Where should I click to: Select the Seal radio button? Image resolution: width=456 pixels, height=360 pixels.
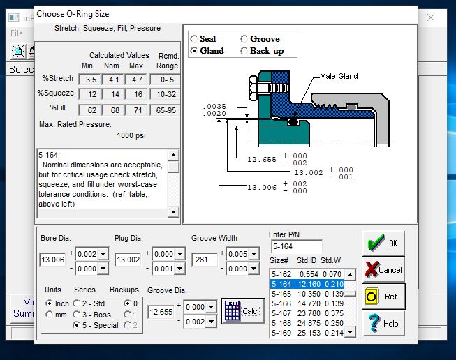pos(193,38)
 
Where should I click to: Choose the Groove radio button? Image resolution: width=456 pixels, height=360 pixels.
pos(244,38)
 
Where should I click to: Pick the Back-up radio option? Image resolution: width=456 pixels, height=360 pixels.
pos(244,51)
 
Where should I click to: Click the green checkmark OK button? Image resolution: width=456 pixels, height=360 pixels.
pos(383,243)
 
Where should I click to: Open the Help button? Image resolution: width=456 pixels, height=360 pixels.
pos(383,323)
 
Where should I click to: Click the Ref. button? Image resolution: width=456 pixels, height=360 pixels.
pos(383,297)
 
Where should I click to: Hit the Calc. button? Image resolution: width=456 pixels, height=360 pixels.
pos(243,311)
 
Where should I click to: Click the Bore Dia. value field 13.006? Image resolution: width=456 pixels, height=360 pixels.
pos(52,260)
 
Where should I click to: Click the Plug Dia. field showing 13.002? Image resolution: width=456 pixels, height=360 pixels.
pos(128,260)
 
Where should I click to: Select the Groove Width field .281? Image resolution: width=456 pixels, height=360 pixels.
pos(205,260)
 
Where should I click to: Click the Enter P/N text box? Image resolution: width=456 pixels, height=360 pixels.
pos(297,246)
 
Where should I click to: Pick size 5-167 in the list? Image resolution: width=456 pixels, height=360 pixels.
pos(307,313)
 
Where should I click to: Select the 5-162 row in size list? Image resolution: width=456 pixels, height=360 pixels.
pos(307,274)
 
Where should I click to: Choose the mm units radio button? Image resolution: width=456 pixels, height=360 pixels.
pos(50,315)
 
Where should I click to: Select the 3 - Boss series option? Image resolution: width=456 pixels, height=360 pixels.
pos(77,315)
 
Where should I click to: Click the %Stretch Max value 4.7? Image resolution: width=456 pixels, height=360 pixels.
pos(135,80)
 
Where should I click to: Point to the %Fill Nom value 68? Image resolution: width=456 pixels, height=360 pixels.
pos(114,110)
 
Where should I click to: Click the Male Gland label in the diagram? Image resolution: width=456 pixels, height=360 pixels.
pos(339,76)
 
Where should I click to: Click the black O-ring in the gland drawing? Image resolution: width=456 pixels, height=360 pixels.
pos(293,121)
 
